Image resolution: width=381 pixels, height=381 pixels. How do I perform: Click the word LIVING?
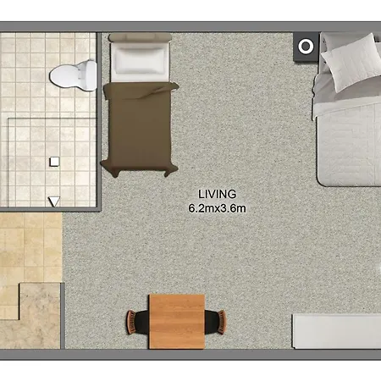(217, 194)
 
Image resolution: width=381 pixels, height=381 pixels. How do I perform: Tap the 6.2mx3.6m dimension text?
(217, 208)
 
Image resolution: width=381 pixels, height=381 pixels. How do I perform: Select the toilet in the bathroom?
(73, 75)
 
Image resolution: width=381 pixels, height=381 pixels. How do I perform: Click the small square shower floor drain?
(54, 162)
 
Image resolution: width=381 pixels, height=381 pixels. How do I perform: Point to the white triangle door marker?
(54, 202)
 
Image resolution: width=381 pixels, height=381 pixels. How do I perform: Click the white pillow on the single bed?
(140, 62)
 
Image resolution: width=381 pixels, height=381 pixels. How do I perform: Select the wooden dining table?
(177, 322)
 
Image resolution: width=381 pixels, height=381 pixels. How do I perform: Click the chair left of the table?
(137, 322)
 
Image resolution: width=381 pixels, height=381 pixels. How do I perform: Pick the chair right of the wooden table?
(215, 322)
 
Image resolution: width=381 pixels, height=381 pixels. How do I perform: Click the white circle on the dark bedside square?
(306, 47)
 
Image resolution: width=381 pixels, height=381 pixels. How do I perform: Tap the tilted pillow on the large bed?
(352, 62)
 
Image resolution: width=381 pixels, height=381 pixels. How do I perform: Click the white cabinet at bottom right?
(337, 331)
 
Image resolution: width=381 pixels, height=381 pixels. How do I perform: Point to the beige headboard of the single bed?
(140, 37)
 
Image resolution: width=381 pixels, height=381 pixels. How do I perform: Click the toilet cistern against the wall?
(90, 75)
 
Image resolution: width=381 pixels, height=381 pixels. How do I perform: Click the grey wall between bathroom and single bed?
(99, 121)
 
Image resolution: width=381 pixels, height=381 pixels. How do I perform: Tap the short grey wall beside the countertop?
(63, 316)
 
